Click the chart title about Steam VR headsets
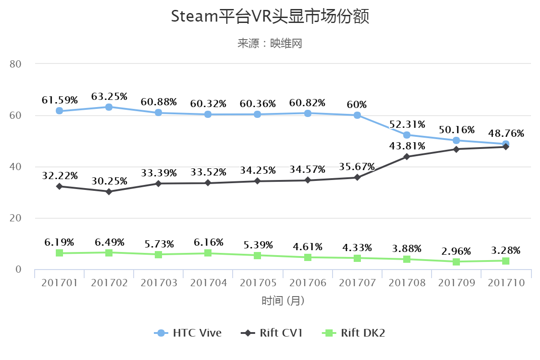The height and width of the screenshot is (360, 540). (270, 17)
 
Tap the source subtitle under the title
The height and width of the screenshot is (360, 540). (270, 44)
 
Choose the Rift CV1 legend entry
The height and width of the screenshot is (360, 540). (272, 333)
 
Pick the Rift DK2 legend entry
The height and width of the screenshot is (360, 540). (354, 333)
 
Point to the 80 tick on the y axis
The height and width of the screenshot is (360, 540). (16, 64)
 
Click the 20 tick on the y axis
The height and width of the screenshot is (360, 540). (16, 218)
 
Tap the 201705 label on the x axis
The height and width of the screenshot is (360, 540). (258, 283)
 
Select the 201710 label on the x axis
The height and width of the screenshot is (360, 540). (506, 283)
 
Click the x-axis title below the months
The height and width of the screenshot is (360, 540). (283, 301)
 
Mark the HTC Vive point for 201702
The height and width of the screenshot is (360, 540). (109, 107)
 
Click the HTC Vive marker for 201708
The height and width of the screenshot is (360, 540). (407, 135)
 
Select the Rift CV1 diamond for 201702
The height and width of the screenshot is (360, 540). (109, 192)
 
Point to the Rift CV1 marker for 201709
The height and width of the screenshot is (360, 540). (456, 149)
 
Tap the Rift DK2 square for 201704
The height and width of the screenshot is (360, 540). (208, 253)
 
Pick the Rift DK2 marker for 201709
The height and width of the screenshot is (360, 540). (456, 261)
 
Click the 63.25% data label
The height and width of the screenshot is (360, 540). (109, 96)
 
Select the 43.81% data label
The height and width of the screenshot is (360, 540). (407, 146)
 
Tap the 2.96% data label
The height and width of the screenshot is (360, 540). (456, 251)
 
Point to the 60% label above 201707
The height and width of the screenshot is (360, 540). (357, 104)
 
